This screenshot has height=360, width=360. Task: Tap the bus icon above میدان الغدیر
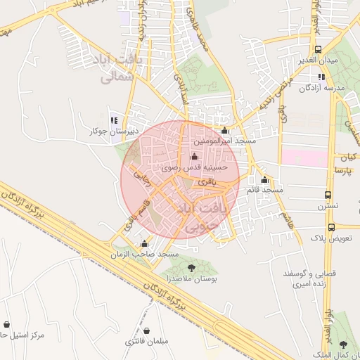(319, 49)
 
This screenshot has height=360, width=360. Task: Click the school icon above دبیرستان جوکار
(114, 120)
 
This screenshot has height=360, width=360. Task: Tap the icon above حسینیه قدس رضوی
(194, 157)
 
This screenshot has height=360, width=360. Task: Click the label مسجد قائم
(264, 191)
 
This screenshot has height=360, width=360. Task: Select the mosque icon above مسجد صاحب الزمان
(144, 243)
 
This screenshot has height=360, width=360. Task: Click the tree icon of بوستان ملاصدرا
(192, 267)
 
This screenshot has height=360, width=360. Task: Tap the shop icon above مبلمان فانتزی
(147, 330)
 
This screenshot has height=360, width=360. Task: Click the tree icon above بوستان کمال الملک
(343, 345)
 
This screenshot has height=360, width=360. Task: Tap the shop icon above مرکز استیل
(7, 324)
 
